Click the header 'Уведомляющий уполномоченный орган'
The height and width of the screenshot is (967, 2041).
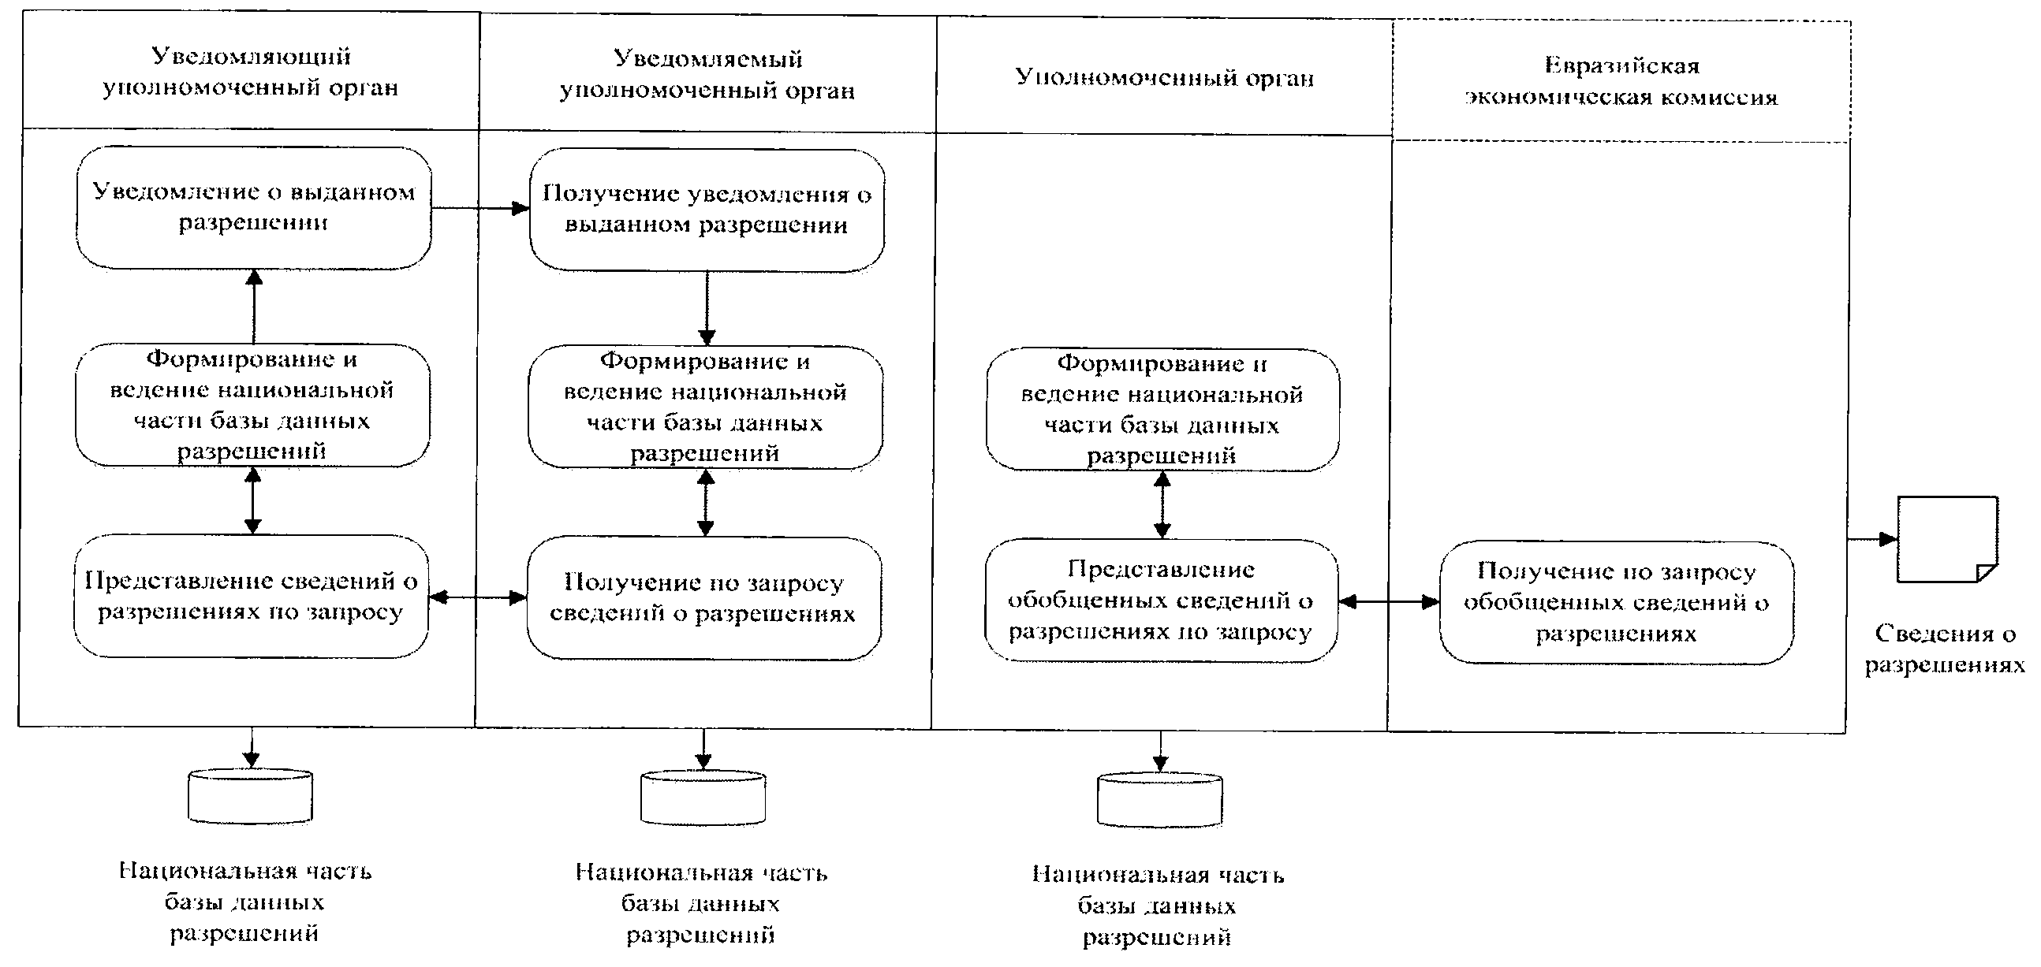[250, 71]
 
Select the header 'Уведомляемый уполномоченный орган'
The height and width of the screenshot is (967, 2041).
[707, 74]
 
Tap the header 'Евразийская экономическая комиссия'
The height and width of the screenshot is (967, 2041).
[1621, 82]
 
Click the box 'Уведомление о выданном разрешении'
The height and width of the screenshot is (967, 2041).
[253, 207]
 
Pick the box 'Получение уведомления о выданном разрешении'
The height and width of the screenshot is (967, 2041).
[707, 210]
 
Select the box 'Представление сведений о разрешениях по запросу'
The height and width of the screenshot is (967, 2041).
[251, 597]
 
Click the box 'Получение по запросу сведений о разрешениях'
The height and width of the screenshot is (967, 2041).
[703, 598]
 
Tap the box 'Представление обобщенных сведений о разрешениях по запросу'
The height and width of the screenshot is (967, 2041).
[1161, 601]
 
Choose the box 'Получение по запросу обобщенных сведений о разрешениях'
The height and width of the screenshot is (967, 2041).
[1617, 603]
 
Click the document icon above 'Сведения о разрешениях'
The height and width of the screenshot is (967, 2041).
[1946, 539]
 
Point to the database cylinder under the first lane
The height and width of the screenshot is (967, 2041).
[250, 796]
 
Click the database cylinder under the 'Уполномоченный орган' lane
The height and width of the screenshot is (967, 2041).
[1159, 800]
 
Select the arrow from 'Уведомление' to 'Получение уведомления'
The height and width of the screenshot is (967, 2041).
[480, 208]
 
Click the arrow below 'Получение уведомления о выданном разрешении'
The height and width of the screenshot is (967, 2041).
[707, 308]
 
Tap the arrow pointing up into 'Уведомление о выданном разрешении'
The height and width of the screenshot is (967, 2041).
[253, 306]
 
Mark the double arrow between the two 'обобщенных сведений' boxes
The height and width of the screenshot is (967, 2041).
[1388, 603]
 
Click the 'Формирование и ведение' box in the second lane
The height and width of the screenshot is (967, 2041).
[705, 407]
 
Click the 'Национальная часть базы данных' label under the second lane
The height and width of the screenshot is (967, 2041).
[701, 904]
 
